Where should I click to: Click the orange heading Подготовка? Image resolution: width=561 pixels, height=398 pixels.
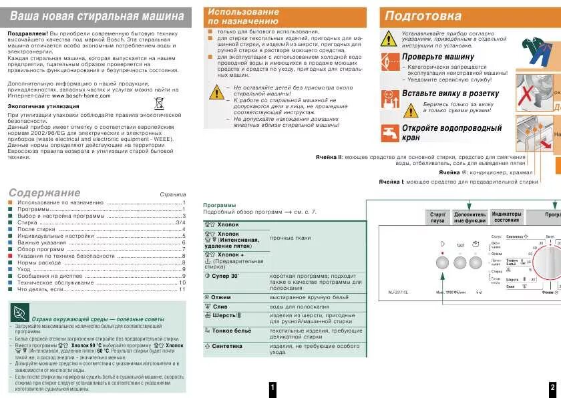tap(423, 16)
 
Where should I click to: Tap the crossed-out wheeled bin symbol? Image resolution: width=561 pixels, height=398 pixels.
tap(159, 103)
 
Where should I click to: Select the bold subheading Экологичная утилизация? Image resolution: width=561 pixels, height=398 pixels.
tap(40, 106)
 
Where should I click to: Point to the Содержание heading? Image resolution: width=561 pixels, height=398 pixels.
tap(38, 192)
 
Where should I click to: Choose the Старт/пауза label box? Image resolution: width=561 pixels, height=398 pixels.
tap(437, 217)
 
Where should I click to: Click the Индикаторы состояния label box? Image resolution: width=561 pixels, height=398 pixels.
tap(507, 217)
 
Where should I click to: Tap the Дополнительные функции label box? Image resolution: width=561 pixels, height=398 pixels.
tap(470, 217)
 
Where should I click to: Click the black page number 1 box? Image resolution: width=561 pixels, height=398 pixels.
tap(272, 389)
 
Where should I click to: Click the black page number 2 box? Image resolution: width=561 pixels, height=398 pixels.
tap(552, 389)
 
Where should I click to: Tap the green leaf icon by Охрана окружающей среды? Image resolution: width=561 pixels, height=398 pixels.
tap(19, 311)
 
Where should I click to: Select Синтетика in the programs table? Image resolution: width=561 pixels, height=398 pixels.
tap(226, 347)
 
